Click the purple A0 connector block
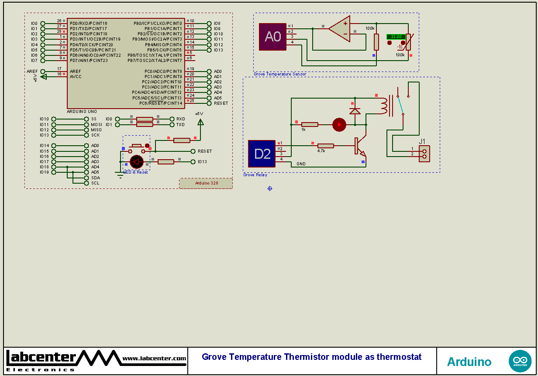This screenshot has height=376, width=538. click(272, 37)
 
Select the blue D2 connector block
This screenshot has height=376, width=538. click(262, 154)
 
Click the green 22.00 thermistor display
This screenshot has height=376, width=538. click(396, 37)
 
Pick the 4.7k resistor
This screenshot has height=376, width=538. click(325, 146)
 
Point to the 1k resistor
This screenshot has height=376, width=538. click(310, 125)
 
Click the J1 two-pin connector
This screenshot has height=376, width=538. click(424, 153)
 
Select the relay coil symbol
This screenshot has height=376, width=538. click(384, 105)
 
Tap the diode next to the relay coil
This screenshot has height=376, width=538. click(355, 111)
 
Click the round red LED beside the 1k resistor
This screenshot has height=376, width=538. click(339, 125)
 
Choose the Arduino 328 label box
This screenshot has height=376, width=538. click(206, 183)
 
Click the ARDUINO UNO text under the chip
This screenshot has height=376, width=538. click(82, 112)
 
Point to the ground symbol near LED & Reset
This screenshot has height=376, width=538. click(120, 175)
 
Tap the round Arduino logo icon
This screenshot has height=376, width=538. click(520, 361)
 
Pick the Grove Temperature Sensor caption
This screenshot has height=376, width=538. click(280, 74)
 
